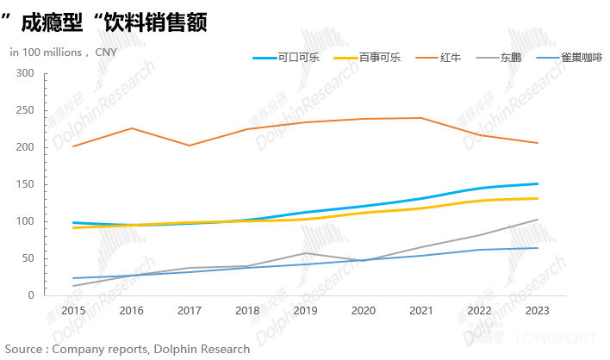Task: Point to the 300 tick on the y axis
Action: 25,74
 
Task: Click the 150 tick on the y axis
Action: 25,184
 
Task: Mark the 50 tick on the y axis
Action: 28,258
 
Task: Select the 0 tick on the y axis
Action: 31,295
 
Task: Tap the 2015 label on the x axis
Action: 73,310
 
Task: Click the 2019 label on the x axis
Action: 305,310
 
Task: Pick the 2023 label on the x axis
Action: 538,310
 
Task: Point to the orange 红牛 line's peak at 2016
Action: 131,128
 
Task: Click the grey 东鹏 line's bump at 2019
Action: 305,253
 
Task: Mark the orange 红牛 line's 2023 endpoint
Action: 538,143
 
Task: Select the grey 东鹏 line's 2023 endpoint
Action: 538,220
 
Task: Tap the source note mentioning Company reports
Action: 128,349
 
